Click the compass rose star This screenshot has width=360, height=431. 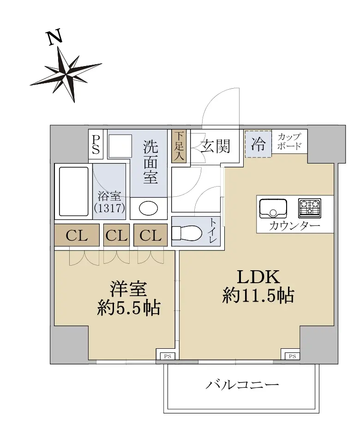click(x=66, y=74)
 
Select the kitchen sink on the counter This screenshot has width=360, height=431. click(x=273, y=208)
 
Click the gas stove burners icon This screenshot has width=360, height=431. click(x=310, y=208)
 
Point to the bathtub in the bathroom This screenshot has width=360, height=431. click(x=74, y=191)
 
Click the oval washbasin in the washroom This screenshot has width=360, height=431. click(x=148, y=208)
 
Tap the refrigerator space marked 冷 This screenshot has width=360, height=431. click(x=258, y=144)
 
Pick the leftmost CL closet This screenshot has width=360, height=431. click(x=77, y=235)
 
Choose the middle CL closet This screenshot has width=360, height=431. click(x=116, y=235)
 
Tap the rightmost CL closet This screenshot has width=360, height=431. click(x=150, y=235)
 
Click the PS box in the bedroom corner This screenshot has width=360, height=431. click(x=168, y=356)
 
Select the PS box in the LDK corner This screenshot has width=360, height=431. click(x=293, y=356)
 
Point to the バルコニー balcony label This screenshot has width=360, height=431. click(x=242, y=385)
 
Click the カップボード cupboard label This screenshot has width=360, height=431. click(x=289, y=141)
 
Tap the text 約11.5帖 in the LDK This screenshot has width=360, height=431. click(x=258, y=296)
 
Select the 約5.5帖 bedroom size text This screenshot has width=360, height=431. click(x=128, y=308)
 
